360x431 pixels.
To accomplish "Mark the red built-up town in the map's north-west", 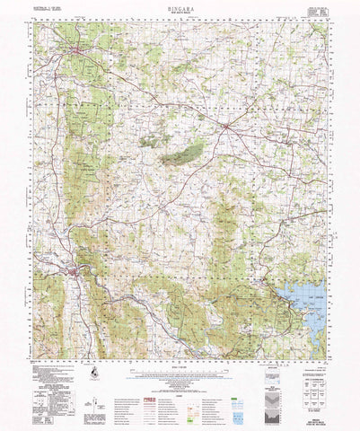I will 79,59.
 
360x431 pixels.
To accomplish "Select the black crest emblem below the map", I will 93,371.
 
